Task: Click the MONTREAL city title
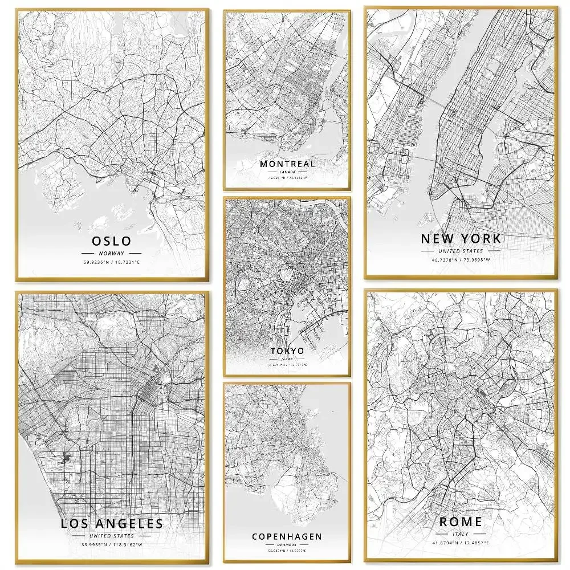287,164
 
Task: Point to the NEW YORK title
461,238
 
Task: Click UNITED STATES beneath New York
461,251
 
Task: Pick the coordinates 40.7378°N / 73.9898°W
461,260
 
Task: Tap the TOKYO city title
287,351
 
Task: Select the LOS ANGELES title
112,523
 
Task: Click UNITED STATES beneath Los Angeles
112,536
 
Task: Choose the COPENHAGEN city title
287,536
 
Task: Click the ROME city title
461,522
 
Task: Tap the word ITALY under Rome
461,534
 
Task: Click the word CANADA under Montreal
287,172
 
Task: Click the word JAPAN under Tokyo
287,359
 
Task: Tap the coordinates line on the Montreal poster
287,178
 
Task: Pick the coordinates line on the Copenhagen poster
287,551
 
